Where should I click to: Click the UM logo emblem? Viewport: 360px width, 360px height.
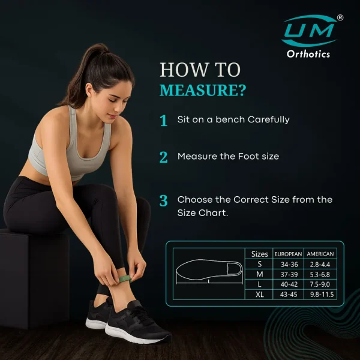310,31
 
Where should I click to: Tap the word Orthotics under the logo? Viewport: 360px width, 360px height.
308,54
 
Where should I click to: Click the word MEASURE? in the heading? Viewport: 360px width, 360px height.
203,90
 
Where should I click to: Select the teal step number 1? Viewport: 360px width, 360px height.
163,121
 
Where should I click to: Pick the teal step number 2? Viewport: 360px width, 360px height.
163,157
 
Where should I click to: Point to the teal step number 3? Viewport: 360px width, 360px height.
163,200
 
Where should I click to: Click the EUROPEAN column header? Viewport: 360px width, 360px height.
288,254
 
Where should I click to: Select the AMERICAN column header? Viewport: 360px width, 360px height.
320,254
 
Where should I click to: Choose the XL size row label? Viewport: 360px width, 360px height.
259,295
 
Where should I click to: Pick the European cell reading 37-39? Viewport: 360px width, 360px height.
289,274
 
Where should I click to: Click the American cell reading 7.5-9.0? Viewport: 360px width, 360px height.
320,284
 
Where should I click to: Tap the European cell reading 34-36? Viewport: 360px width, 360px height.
289,265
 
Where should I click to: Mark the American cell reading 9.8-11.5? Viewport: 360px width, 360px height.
322,295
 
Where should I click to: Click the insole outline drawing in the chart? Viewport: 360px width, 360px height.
209,270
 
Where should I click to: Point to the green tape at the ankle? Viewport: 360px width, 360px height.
125,279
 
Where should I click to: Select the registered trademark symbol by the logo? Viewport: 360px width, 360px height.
340,17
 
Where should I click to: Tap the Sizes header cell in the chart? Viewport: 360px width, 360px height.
259,254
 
